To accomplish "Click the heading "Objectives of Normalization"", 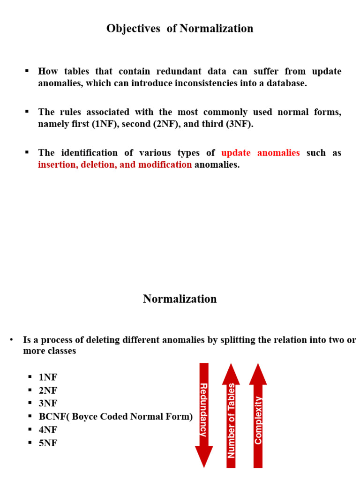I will pyautogui.click(x=180, y=29).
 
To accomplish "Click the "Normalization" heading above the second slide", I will pyautogui.click(x=180, y=299).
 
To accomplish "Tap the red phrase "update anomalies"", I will pyautogui.click(x=260, y=153).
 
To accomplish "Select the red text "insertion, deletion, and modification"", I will pyautogui.click(x=115, y=165).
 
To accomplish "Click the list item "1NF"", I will pyautogui.click(x=48, y=378).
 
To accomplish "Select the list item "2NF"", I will pyautogui.click(x=48, y=390).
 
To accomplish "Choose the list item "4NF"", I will pyautogui.click(x=48, y=430).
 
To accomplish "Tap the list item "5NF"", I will pyautogui.click(x=48, y=443).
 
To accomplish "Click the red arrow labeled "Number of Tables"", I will pyautogui.click(x=231, y=415).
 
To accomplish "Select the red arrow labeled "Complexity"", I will pyautogui.click(x=258, y=415).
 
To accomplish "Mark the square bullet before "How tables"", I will pyautogui.click(x=27, y=71).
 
